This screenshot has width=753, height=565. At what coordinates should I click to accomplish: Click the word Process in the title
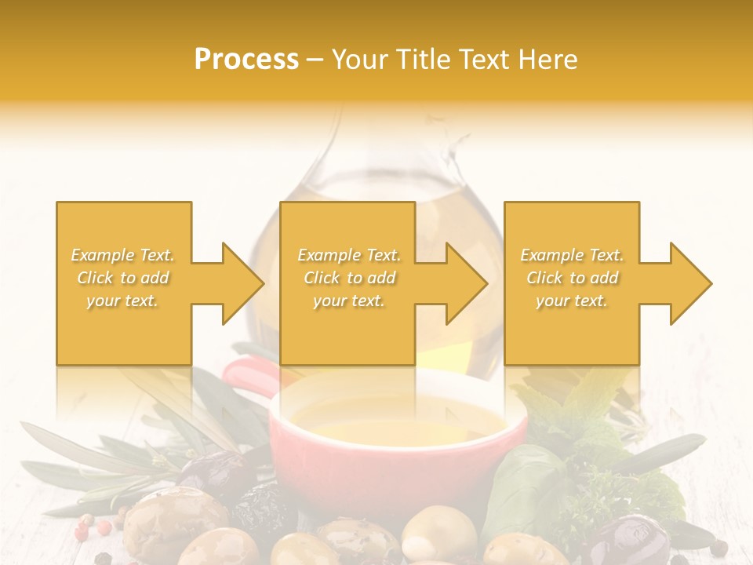(x=246, y=60)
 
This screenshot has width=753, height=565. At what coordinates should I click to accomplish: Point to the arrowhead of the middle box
(x=465, y=283)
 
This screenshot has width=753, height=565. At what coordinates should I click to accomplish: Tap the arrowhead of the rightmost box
(x=689, y=283)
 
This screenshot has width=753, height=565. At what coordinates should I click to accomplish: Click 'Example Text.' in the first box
(x=123, y=255)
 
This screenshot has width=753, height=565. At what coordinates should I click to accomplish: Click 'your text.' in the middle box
(x=348, y=301)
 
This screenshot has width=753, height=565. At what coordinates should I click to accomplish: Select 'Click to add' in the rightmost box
(x=572, y=278)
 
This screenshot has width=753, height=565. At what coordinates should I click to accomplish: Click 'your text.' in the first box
(x=122, y=301)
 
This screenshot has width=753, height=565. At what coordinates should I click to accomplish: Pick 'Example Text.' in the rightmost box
(x=572, y=255)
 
